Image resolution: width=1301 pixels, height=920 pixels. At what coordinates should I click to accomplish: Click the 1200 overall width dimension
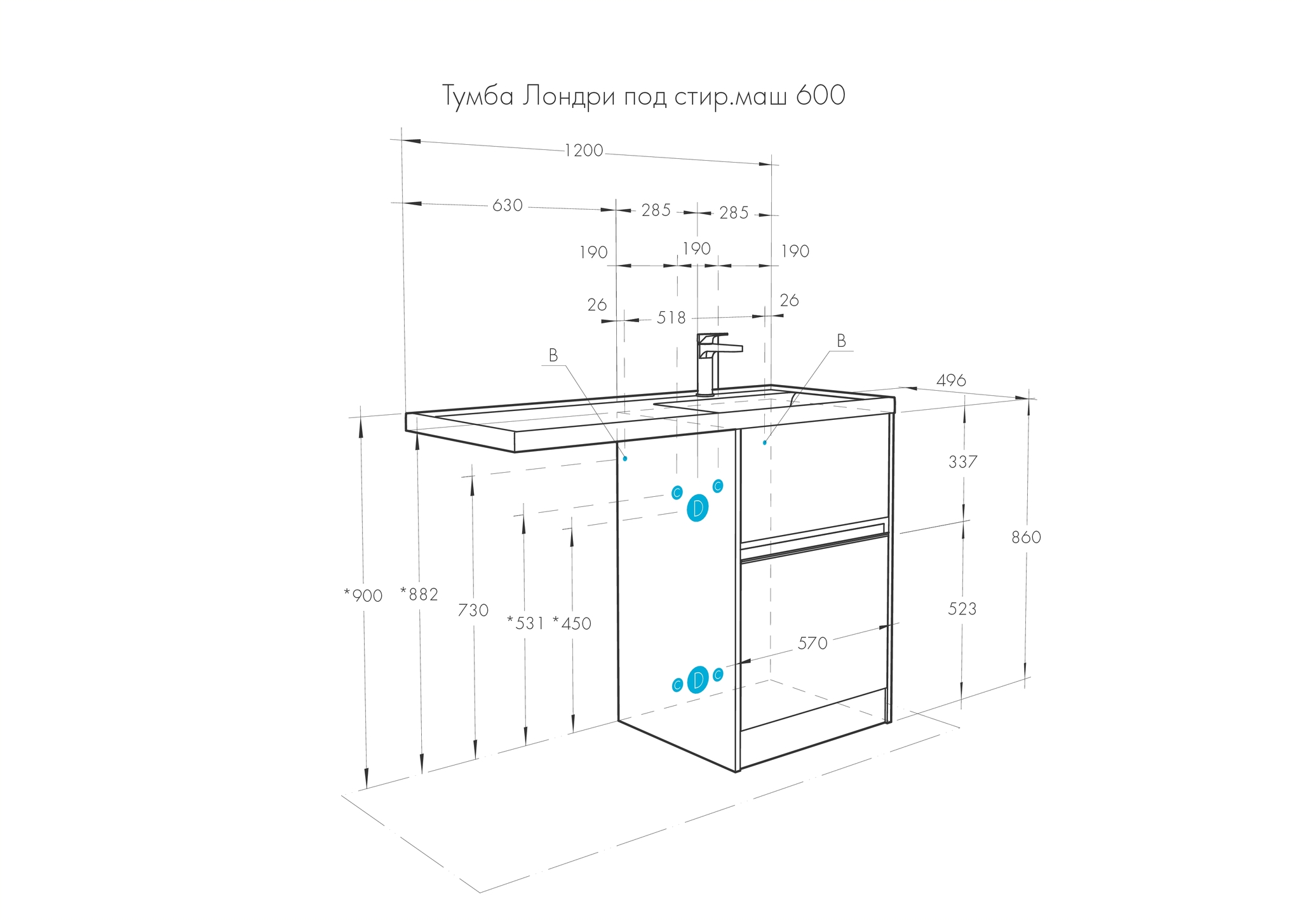pyautogui.click(x=584, y=151)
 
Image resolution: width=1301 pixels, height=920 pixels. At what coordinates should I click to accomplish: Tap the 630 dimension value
pyautogui.click(x=508, y=205)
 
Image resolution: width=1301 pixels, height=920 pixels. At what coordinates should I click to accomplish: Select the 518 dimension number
pyautogui.click(x=671, y=317)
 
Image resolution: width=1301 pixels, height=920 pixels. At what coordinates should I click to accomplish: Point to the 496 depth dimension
pyautogui.click(x=951, y=380)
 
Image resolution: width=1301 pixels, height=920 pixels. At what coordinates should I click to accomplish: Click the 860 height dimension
pyautogui.click(x=1027, y=537)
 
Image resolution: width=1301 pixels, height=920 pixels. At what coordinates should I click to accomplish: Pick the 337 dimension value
pyautogui.click(x=963, y=462)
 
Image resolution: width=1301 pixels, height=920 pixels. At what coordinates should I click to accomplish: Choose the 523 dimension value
pyautogui.click(x=962, y=609)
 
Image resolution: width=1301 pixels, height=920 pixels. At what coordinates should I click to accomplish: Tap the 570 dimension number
pyautogui.click(x=813, y=644)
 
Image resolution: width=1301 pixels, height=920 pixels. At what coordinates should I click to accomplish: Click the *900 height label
pyautogui.click(x=363, y=595)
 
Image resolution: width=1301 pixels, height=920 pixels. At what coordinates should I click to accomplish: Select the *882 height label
pyautogui.click(x=419, y=594)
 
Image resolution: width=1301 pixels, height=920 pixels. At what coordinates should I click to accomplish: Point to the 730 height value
pyautogui.click(x=473, y=610)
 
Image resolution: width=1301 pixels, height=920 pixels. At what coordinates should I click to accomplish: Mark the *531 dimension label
pyautogui.click(x=525, y=623)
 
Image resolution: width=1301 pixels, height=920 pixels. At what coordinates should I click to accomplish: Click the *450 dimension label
pyautogui.click(x=572, y=623)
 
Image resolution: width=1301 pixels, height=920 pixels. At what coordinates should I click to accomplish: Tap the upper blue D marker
pyautogui.click(x=698, y=508)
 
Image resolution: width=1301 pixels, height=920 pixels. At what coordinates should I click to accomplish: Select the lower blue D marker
pyautogui.click(x=698, y=680)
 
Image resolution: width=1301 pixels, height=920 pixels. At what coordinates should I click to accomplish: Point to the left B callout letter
pyautogui.click(x=553, y=356)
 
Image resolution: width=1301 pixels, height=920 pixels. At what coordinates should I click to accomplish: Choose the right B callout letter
pyautogui.click(x=842, y=341)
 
